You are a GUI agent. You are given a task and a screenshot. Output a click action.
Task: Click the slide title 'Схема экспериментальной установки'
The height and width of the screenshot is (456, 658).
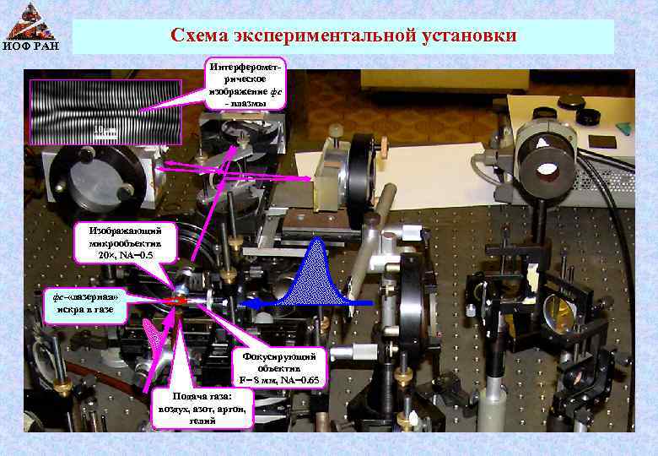click(343, 36)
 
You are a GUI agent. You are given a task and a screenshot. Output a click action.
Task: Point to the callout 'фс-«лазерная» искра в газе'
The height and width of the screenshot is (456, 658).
click(84, 303)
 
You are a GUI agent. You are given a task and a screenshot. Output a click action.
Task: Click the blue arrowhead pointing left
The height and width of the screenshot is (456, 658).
click(247, 301)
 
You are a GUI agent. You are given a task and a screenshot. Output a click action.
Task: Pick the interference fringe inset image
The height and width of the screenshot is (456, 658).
click(105, 111)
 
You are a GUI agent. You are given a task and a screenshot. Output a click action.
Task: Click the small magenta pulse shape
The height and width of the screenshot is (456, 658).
click(155, 339)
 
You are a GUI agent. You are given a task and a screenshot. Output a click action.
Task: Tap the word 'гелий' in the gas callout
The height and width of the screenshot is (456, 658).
click(201, 421)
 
